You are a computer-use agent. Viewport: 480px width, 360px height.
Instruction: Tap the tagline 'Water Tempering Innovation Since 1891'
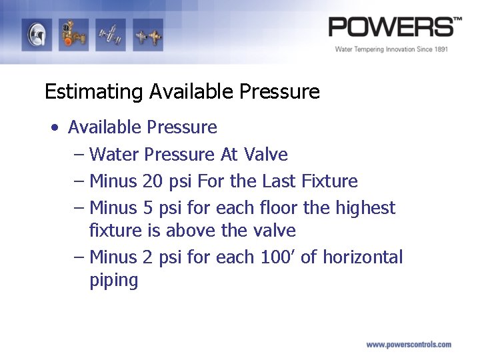(391, 49)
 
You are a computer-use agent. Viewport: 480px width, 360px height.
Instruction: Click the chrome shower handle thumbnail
(37, 35)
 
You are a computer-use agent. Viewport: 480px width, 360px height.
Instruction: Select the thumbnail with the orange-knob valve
(73, 35)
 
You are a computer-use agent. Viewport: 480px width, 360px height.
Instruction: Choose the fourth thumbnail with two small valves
(147, 35)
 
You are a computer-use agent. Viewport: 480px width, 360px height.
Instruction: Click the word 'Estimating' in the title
(94, 91)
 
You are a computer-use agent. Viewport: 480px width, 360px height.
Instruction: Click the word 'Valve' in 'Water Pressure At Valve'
(266, 155)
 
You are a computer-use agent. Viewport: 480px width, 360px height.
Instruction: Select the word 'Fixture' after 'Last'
(329, 181)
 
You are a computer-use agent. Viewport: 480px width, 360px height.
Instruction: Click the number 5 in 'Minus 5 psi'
(148, 208)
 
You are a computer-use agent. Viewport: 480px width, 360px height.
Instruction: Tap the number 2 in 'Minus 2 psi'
(148, 257)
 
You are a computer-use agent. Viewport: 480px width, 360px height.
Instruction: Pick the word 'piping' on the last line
(113, 281)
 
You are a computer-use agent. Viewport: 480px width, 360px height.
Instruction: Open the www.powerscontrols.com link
(409, 345)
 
